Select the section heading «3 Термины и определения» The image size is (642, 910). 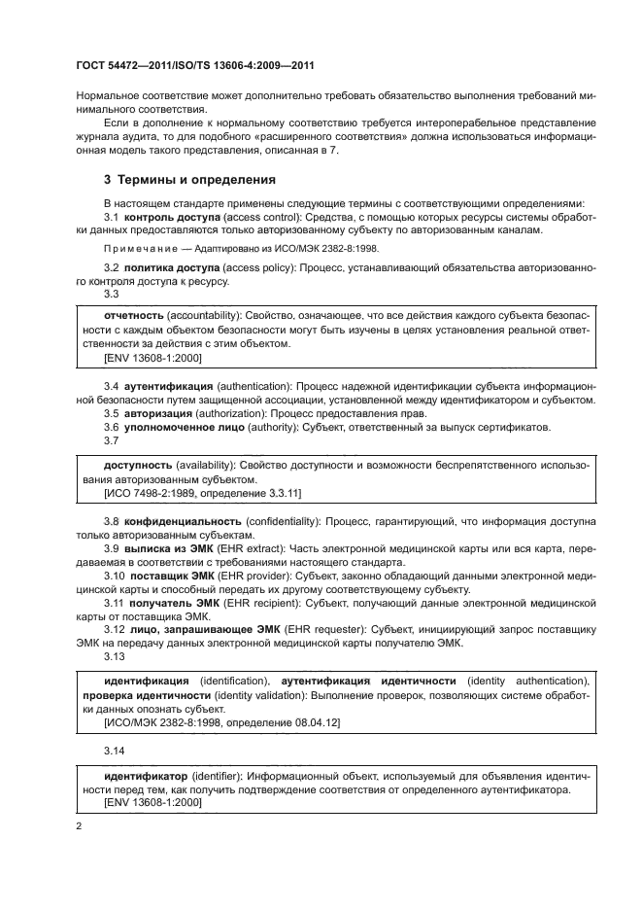point(189,180)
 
